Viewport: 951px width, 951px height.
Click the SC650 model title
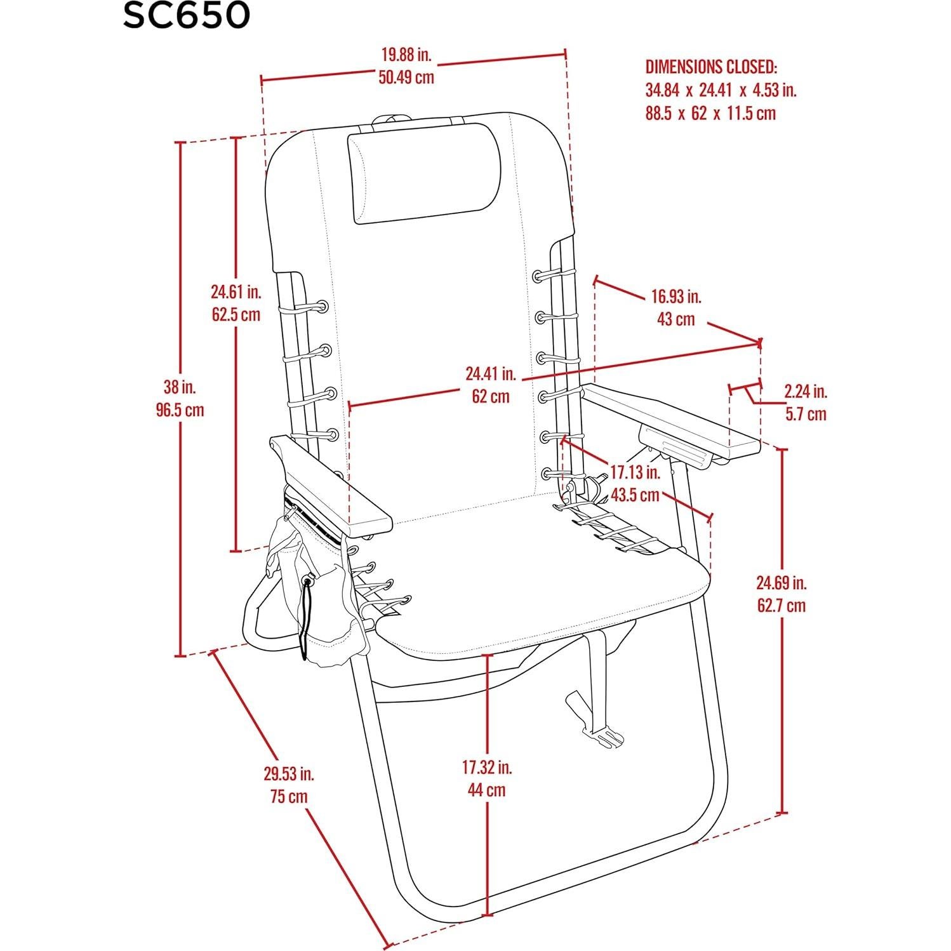click(x=186, y=17)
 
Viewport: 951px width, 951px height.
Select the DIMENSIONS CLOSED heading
click(x=711, y=67)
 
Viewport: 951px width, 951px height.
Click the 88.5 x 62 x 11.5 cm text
click(x=710, y=114)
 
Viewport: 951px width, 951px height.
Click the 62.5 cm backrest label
click(x=236, y=314)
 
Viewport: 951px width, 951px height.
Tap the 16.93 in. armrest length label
click(x=675, y=296)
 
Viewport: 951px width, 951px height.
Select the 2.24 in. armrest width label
click(x=806, y=391)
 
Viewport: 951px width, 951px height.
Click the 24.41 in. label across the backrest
click(x=491, y=373)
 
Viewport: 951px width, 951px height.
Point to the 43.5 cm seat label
click(x=635, y=495)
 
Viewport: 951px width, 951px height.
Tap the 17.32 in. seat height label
click(x=487, y=767)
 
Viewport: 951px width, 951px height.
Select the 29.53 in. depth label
click(x=289, y=774)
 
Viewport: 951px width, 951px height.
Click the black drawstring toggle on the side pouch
click(x=309, y=580)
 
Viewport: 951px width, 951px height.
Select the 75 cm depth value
click(x=288, y=796)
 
